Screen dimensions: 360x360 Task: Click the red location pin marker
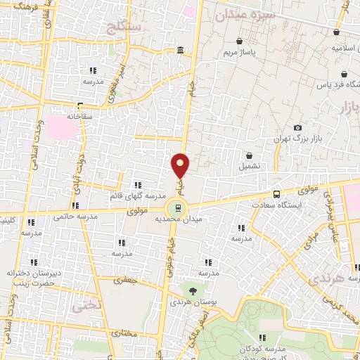[x=181, y=166]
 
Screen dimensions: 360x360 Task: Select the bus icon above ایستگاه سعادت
[x=276, y=193]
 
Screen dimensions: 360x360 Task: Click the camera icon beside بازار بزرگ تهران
[x=298, y=127]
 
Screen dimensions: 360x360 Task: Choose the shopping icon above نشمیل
[x=249, y=155]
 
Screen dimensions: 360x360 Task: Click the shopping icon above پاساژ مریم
[x=241, y=41]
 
